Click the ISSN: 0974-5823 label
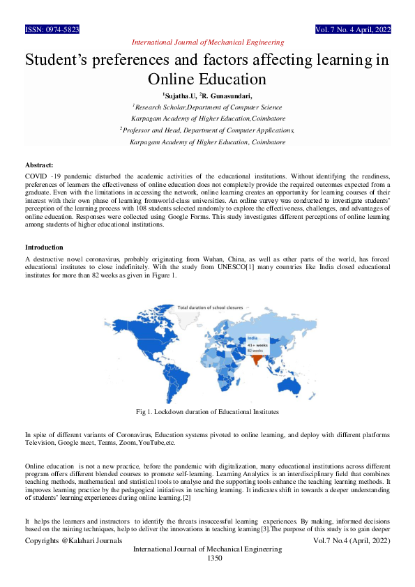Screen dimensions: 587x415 (52, 30)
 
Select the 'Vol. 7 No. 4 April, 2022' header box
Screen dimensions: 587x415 (353, 30)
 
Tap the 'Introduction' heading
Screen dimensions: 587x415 (44, 247)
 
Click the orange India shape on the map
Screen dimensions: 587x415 (258, 359)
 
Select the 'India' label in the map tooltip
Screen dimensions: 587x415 (253, 337)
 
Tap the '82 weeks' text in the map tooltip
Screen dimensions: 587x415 (256, 350)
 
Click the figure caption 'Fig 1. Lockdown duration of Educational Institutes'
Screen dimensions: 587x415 (207, 412)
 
